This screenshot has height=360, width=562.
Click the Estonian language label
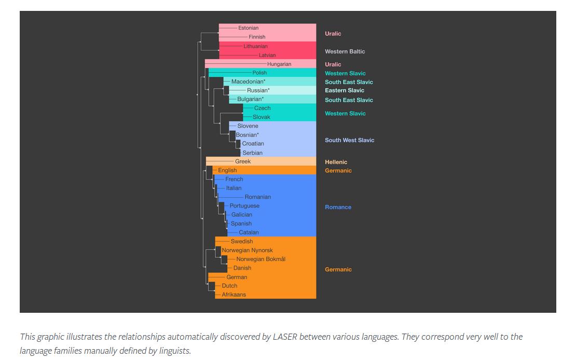pyautogui.click(x=248, y=28)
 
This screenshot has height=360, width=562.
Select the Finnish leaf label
pyautogui.click(x=257, y=37)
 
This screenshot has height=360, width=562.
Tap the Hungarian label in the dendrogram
pyautogui.click(x=279, y=64)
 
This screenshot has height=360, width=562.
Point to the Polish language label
pyautogui.click(x=259, y=73)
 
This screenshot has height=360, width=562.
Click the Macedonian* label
pyautogui.click(x=248, y=82)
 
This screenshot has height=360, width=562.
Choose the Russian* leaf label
pyautogui.click(x=258, y=91)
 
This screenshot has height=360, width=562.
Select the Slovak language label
pyautogui.click(x=262, y=117)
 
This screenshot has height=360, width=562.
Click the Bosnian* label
pyautogui.click(x=247, y=135)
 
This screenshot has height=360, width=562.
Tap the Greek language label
pyautogui.click(x=243, y=162)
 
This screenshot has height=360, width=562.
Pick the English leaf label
pyautogui.click(x=227, y=171)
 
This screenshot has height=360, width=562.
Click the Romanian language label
pyautogui.click(x=258, y=197)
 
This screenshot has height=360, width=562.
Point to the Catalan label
pyautogui.click(x=249, y=232)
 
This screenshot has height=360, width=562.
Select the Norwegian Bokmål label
pyautogui.click(x=261, y=259)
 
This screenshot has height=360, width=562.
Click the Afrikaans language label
pyautogui.click(x=234, y=295)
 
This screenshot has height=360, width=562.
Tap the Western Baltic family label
pyautogui.click(x=345, y=51)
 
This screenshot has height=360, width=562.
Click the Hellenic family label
pyautogui.click(x=336, y=162)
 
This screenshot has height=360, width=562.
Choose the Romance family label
pyautogui.click(x=338, y=207)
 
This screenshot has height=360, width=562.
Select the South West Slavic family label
pyautogui.click(x=349, y=140)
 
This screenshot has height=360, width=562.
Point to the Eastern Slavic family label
pyautogui.click(x=345, y=90)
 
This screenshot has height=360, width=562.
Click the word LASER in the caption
pyautogui.click(x=284, y=337)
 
